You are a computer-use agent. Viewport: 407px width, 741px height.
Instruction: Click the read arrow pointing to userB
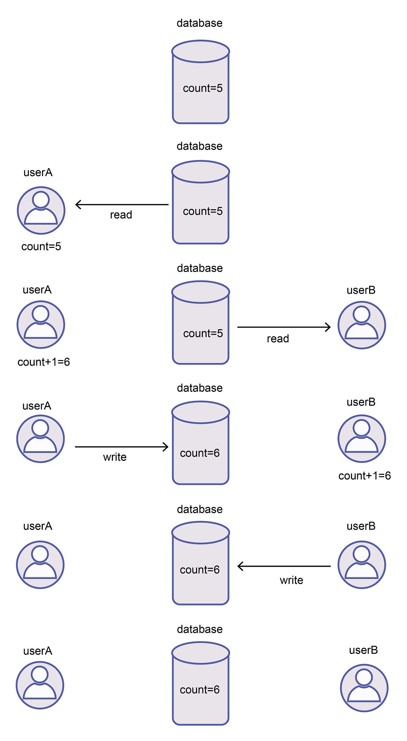point(284,327)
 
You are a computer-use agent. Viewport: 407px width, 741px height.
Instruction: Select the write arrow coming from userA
point(121,447)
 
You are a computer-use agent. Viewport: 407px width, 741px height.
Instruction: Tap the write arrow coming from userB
point(284,566)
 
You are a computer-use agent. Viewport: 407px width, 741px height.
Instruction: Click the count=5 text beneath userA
point(41,247)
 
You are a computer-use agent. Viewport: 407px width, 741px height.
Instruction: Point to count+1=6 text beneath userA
point(44,362)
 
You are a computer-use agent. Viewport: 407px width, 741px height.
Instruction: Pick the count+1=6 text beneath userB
point(365,476)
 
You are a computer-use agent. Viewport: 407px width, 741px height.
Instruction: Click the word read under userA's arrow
point(121,215)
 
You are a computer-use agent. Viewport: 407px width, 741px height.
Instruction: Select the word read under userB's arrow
point(278,339)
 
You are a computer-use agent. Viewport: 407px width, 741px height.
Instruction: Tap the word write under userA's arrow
point(115,457)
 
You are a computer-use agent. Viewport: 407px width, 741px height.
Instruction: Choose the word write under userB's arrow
point(291,580)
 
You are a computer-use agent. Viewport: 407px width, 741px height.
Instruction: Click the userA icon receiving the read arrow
point(41,210)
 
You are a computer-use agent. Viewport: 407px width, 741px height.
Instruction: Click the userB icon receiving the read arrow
point(362,325)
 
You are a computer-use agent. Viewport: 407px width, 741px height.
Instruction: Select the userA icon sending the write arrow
point(41,439)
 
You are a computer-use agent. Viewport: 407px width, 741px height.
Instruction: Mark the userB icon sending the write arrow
point(362,565)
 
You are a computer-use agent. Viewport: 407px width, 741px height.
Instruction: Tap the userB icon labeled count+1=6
point(362,439)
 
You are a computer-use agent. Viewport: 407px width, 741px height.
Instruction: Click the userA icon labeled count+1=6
point(41,325)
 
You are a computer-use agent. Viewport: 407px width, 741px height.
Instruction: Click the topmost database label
point(199,23)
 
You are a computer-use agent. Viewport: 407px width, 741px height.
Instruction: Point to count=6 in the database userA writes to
point(200,453)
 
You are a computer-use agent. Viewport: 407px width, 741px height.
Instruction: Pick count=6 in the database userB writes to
point(200,570)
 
